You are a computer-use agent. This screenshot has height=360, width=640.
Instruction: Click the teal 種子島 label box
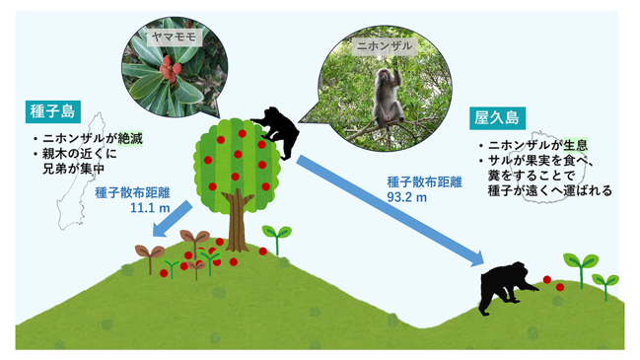pyautogui.click(x=53, y=111)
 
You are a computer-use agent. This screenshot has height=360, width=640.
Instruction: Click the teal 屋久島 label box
pyautogui.click(x=497, y=118)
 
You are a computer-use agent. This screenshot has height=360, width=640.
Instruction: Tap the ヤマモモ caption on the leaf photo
pyautogui.click(x=175, y=37)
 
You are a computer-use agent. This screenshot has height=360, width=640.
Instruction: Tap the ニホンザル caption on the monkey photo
pyautogui.click(x=385, y=45)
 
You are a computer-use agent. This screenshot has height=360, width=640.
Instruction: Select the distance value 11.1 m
pyautogui.click(x=150, y=208)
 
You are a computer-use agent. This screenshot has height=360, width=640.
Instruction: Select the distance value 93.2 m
pyautogui.click(x=407, y=197)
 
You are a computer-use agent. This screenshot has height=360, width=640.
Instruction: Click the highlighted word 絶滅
pyautogui.click(x=130, y=139)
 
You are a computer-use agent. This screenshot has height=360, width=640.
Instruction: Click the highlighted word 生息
pyautogui.click(x=576, y=145)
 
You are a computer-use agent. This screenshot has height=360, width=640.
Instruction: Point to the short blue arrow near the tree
pyautogui.click(x=172, y=219)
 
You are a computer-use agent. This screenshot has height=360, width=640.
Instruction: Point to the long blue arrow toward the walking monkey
pyautogui.click(x=390, y=211)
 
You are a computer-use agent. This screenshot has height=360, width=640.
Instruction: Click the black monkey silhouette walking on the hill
pyautogui.click(x=506, y=288)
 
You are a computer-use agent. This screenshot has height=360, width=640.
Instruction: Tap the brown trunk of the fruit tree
pyautogui.click(x=236, y=220)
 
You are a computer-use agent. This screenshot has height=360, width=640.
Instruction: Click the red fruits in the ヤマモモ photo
pyautogui.click(x=170, y=68)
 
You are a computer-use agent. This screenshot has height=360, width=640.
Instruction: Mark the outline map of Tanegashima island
pyautogui.click(x=80, y=172)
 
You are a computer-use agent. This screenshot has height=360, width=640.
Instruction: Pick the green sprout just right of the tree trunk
pyautogui.click(x=277, y=238)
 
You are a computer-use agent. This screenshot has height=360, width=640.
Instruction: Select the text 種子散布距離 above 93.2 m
pyautogui.click(x=424, y=182)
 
